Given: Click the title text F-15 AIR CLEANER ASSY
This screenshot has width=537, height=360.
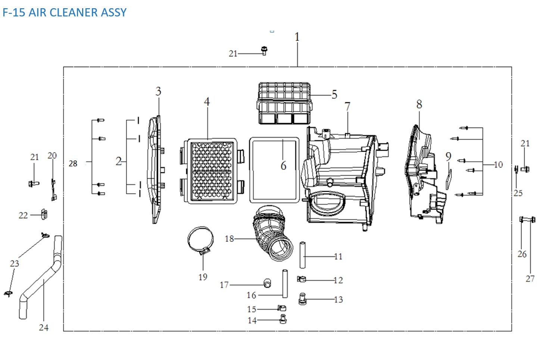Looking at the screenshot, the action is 65,12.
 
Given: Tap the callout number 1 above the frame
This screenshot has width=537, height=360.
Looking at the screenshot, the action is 297,37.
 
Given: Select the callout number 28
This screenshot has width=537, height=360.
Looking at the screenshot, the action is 73,163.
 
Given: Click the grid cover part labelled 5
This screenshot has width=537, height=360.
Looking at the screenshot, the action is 285,103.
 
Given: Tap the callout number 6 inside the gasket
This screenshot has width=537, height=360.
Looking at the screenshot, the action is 283,165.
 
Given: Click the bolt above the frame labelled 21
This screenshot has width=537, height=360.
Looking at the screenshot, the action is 264,51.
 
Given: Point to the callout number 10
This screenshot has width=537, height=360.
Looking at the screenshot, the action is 498,165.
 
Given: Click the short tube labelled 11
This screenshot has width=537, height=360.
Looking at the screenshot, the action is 303,255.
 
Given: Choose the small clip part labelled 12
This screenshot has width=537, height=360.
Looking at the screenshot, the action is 302,279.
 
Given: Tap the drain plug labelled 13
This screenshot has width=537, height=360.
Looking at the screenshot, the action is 302,299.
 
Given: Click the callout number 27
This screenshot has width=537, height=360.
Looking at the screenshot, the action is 530,279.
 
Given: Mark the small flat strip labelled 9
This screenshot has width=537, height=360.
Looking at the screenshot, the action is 449,179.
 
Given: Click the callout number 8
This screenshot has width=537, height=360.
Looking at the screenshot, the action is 419,104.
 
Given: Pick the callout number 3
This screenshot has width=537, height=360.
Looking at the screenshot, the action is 158,91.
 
